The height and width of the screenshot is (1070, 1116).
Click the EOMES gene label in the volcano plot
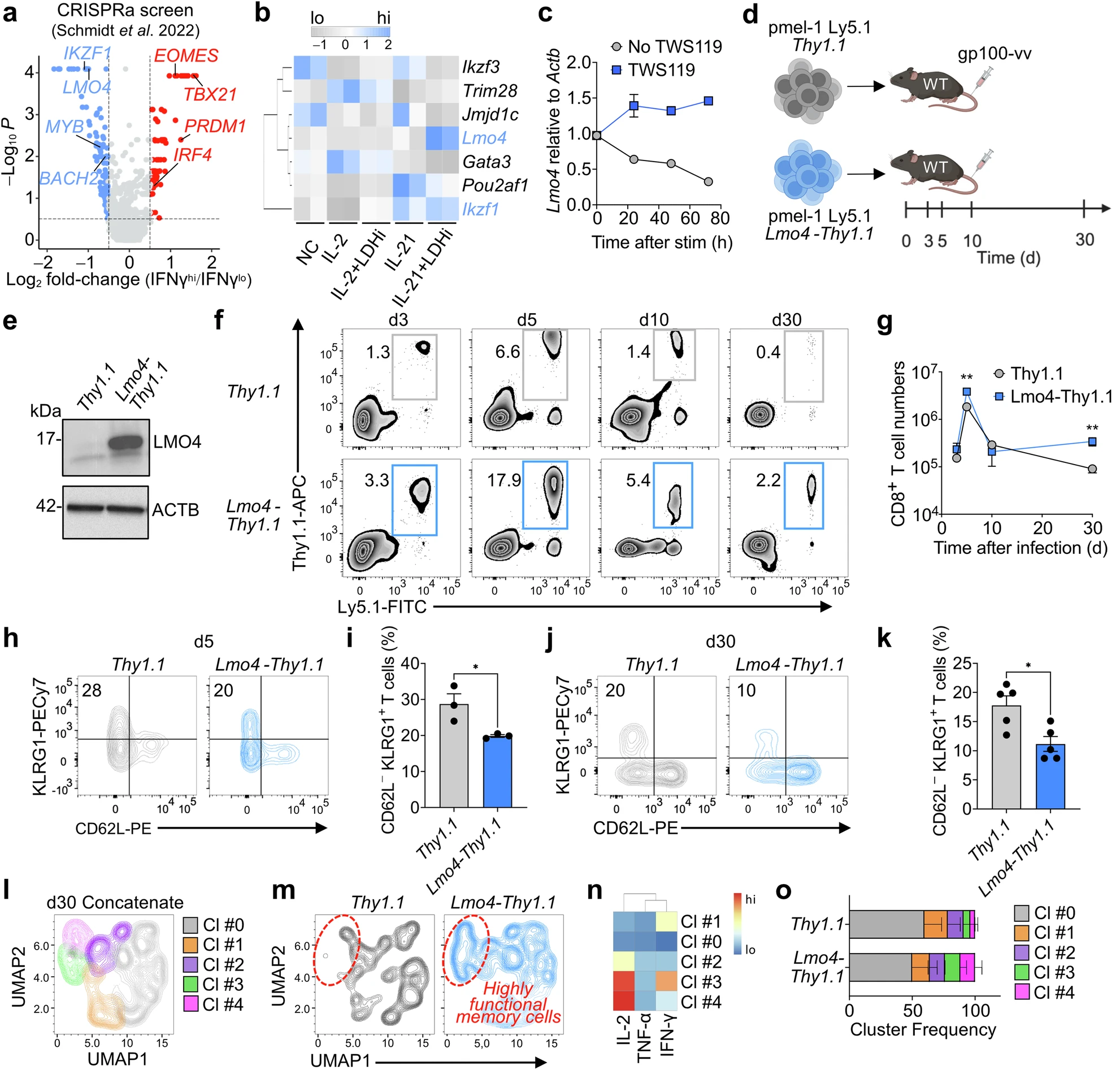pyautogui.click(x=186, y=56)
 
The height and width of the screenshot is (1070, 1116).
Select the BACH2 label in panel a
pyautogui.click(x=68, y=178)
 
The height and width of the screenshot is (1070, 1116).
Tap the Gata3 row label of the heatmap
pyautogui.click(x=487, y=162)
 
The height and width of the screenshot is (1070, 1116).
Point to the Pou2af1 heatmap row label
pyautogui.click(x=496, y=185)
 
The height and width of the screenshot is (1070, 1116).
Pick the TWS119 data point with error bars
pyautogui.click(x=634, y=106)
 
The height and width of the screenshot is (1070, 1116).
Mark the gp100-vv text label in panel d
pyautogui.click(x=995, y=55)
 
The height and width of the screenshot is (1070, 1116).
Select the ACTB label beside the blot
pyautogui.click(x=175, y=510)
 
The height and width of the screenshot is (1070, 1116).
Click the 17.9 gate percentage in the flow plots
pyautogui.click(x=504, y=480)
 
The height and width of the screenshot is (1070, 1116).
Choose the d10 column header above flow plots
pyautogui.click(x=654, y=320)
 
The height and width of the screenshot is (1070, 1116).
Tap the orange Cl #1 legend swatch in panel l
pyautogui.click(x=191, y=945)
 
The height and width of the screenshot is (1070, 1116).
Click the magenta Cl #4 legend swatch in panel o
pyautogui.click(x=1023, y=993)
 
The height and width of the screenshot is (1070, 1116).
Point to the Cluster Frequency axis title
pyautogui.click(x=923, y=1029)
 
